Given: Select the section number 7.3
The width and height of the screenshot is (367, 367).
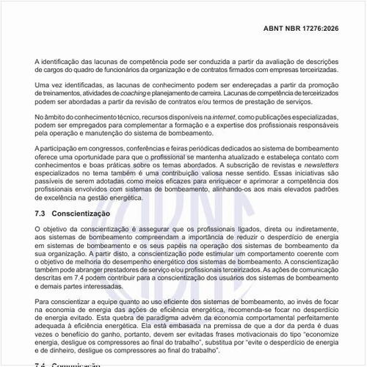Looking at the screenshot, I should click(41, 213).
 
